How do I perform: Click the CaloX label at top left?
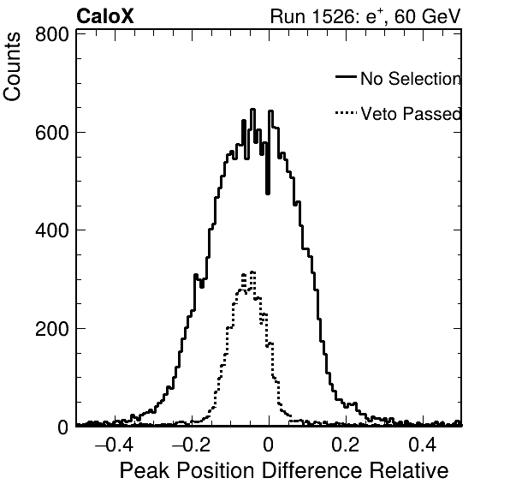(x=104, y=16)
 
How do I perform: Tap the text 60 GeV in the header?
(x=428, y=16)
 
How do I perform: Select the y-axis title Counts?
(x=12, y=67)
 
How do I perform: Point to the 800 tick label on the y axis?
(x=52, y=34)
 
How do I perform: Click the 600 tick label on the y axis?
(x=52, y=133)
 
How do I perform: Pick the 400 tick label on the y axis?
(x=52, y=230)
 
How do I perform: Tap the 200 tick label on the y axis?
(x=52, y=329)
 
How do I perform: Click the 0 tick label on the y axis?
(x=63, y=427)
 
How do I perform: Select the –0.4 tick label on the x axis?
(x=114, y=445)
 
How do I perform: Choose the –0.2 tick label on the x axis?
(x=191, y=445)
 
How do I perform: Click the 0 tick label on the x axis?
(x=269, y=445)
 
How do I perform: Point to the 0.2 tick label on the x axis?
(x=346, y=445)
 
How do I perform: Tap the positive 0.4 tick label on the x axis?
(x=423, y=445)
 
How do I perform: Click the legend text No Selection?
(x=411, y=79)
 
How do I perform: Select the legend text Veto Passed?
(x=411, y=114)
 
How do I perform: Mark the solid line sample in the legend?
(x=346, y=77)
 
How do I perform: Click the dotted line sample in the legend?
(x=346, y=113)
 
